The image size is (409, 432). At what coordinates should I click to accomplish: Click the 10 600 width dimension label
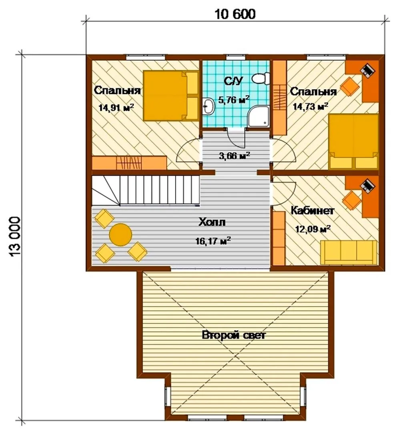235,14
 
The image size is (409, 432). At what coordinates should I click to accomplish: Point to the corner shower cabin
259,117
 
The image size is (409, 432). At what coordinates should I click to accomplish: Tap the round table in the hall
120,235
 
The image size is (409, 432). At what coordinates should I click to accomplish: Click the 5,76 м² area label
234,100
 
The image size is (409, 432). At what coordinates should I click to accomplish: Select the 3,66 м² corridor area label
235,156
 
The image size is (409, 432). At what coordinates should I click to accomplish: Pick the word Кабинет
313,211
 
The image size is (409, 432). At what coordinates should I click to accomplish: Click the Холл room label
212,222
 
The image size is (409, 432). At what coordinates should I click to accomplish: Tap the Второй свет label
234,335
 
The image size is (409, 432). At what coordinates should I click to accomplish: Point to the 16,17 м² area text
213,241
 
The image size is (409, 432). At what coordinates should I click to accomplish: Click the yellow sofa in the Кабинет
349,252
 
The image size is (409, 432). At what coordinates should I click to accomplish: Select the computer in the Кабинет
368,185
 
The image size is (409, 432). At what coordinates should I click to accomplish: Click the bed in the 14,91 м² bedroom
171,96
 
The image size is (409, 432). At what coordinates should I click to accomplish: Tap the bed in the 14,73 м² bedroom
353,142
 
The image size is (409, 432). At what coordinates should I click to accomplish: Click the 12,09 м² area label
313,229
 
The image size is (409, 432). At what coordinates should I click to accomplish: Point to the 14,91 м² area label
116,107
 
